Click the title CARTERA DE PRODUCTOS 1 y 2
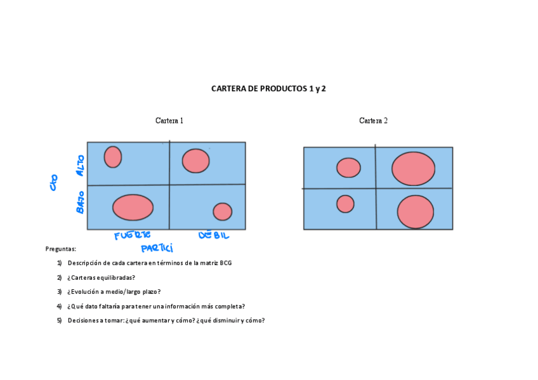click(x=268, y=89)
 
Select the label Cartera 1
click(x=169, y=121)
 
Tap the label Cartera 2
click(x=373, y=121)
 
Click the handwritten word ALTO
click(x=80, y=165)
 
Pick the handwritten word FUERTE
click(x=133, y=236)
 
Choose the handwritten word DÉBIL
click(x=214, y=235)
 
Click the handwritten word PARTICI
click(x=157, y=248)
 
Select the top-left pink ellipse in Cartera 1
click(x=113, y=157)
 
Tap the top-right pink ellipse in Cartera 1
click(x=196, y=161)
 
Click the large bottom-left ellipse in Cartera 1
click(x=133, y=207)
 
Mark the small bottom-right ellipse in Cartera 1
click(x=222, y=211)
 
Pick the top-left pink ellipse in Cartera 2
click(x=348, y=167)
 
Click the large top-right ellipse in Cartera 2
click(x=413, y=169)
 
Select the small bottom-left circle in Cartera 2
click(x=345, y=204)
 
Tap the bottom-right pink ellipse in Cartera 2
click(x=416, y=212)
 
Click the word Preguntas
click(x=61, y=249)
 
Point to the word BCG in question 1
click(x=226, y=263)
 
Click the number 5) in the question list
click(x=59, y=320)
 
